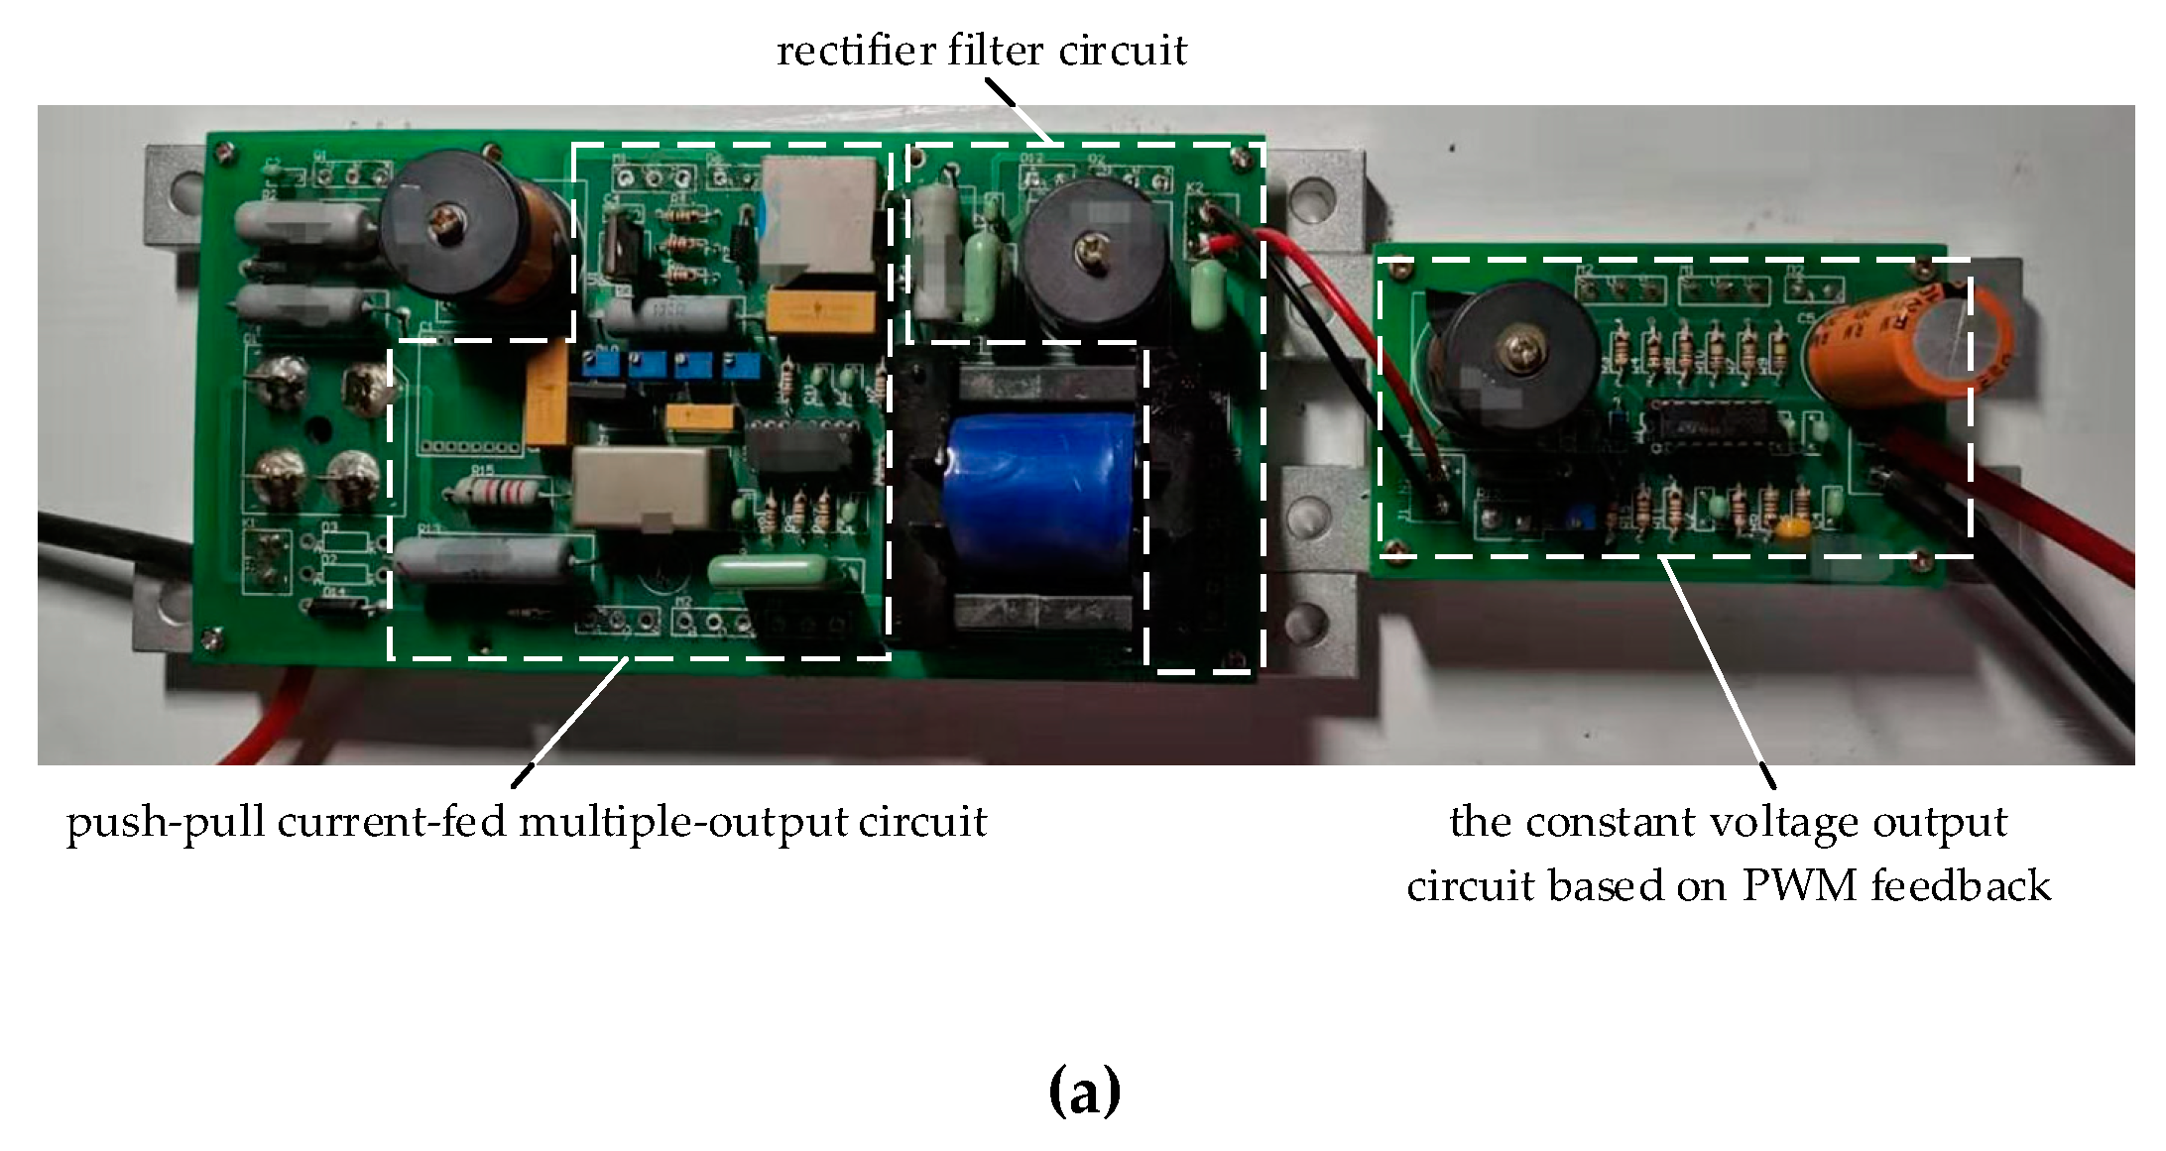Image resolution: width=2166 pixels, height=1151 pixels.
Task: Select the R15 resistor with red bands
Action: [494, 490]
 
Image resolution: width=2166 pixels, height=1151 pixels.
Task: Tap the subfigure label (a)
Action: [1083, 1092]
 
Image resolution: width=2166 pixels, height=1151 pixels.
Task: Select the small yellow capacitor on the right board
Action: [1791, 529]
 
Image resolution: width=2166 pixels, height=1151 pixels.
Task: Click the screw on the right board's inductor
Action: [1518, 347]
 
